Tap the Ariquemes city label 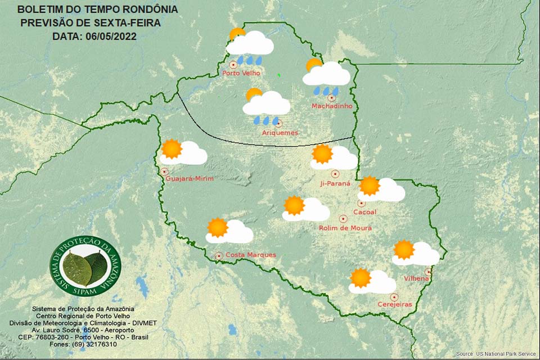[x=280, y=133]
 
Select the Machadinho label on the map [x=332, y=106]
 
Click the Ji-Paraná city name [x=335, y=183]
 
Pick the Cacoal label [x=364, y=212]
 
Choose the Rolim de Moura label [x=345, y=228]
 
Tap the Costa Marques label [x=250, y=255]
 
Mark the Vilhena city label [x=417, y=278]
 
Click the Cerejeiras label [x=394, y=304]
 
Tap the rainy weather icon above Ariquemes [x=266, y=106]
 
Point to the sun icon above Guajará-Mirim [x=172, y=149]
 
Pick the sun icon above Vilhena [x=404, y=249]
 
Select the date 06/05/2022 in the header [x=111, y=37]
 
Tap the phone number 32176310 [x=99, y=344]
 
